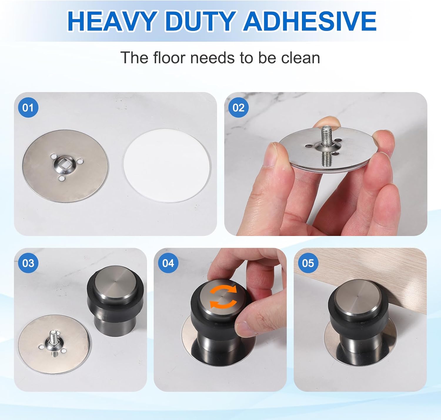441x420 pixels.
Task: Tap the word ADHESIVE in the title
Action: point(310,21)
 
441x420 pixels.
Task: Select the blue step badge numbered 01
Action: point(28,108)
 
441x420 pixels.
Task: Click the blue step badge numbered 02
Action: point(238,108)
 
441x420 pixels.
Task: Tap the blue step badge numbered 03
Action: point(28,263)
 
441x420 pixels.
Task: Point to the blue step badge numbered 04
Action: point(168,263)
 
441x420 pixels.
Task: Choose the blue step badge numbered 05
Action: point(308,263)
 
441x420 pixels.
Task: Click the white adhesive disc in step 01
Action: point(167,166)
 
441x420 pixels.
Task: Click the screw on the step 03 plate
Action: point(54,342)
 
